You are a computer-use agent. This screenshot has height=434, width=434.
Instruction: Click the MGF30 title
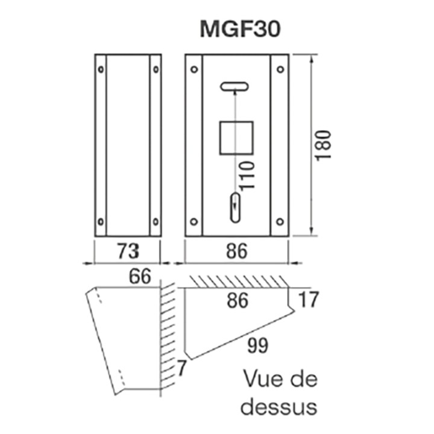tap(240, 30)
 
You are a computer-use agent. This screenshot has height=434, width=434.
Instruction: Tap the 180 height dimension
tap(324, 145)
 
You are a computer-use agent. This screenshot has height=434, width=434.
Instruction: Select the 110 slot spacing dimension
tap(247, 175)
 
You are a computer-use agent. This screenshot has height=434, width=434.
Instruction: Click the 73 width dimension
tap(128, 251)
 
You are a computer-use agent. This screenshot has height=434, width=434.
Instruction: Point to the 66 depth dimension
tap(140, 276)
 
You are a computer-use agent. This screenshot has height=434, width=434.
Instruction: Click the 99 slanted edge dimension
tap(258, 345)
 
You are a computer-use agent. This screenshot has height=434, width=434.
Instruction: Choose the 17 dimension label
tap(309, 299)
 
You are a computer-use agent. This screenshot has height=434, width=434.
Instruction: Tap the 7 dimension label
tap(181, 368)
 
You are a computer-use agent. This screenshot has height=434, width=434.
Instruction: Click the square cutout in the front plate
tap(236, 138)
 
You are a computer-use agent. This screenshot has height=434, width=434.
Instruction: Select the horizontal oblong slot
tap(234, 86)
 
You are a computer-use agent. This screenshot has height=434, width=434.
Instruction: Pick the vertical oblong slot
tap(235, 207)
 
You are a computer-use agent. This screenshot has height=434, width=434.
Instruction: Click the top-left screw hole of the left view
tap(101, 69)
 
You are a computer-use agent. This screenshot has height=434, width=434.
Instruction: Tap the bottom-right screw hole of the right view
tap(280, 221)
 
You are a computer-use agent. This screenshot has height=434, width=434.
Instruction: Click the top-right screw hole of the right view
tap(280, 69)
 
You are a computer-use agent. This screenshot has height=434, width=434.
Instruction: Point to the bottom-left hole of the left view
tap(101, 221)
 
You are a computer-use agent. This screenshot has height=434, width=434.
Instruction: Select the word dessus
tap(278, 407)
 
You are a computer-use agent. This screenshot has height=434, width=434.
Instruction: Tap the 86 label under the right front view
tap(237, 251)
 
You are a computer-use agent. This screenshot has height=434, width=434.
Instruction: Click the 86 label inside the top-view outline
tap(237, 300)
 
